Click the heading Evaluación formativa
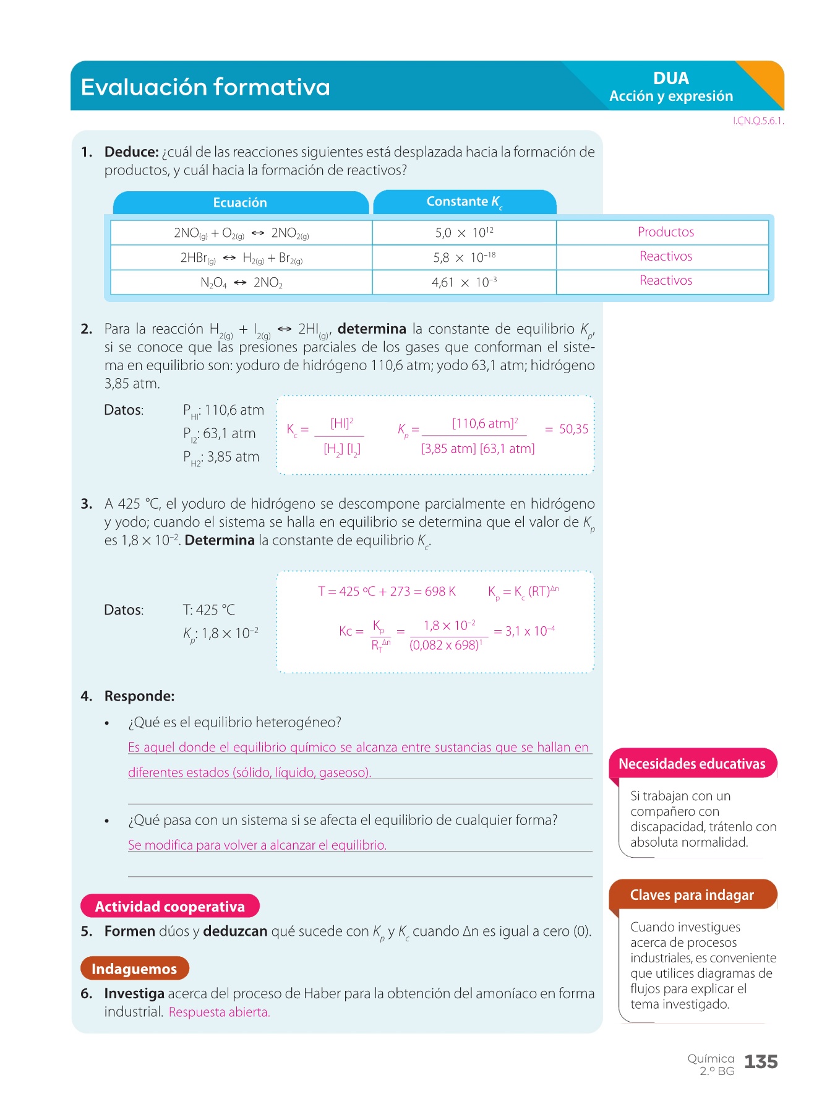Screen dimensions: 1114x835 (x=205, y=87)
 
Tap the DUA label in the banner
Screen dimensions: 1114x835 (x=670, y=79)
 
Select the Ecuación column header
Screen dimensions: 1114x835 (x=240, y=203)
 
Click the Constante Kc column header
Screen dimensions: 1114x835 (x=465, y=202)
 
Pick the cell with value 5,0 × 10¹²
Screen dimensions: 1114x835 (x=464, y=233)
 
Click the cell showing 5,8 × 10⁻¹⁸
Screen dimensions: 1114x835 (x=464, y=257)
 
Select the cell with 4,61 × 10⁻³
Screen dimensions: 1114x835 (x=464, y=283)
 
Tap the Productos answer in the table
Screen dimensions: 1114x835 (x=666, y=232)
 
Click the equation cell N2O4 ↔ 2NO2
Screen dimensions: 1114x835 (x=241, y=283)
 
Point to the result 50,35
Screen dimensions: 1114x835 (x=573, y=430)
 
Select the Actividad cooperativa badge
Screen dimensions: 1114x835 (x=170, y=907)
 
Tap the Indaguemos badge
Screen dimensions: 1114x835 (x=134, y=969)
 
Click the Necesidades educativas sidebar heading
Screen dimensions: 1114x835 (x=692, y=764)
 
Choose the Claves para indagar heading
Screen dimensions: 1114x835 (x=692, y=896)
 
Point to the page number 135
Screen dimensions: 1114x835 (x=761, y=1063)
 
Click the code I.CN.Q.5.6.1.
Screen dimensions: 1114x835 (x=758, y=121)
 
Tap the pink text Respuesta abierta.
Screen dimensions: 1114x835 (x=220, y=1013)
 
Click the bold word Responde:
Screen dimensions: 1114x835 (x=139, y=696)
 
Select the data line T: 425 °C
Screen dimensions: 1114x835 (x=209, y=610)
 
